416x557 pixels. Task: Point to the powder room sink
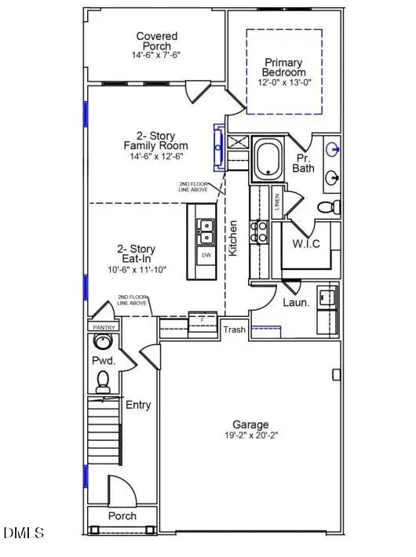click(102, 342)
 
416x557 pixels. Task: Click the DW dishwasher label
click(206, 256)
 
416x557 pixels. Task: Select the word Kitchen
click(233, 237)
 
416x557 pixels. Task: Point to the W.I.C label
click(305, 243)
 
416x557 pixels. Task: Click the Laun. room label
click(297, 301)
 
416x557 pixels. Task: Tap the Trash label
click(234, 329)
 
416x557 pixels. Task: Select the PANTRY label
click(104, 326)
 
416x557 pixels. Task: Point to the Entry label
click(138, 406)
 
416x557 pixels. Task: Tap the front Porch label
click(122, 515)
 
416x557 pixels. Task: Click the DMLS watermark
click(24, 533)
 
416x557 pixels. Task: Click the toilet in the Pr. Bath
click(329, 206)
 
